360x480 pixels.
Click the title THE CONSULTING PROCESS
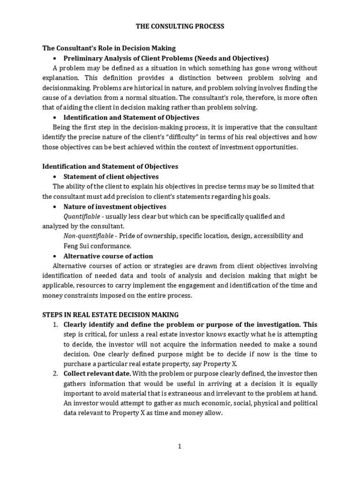(x=180, y=27)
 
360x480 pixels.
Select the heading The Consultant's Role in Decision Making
(x=109, y=48)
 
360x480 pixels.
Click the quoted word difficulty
(x=203, y=137)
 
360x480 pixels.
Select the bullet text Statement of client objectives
(x=111, y=177)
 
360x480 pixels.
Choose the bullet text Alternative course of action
(x=108, y=256)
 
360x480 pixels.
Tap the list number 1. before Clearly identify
(x=55, y=324)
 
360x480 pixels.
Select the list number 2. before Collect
(x=55, y=374)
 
